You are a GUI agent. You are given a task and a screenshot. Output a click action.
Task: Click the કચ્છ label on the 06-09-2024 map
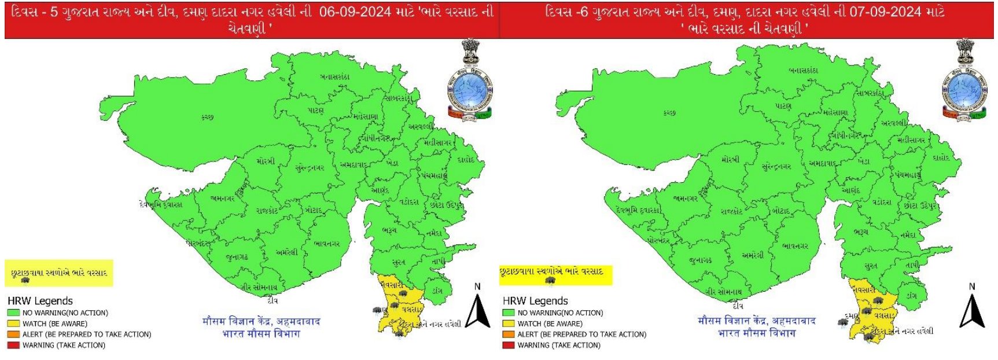coord(207,117)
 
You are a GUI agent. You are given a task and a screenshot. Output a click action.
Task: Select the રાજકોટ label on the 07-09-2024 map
coord(731,212)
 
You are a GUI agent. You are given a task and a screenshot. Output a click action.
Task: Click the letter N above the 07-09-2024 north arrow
coord(972,286)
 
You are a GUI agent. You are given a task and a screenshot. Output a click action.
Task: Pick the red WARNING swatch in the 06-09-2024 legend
coord(13,346)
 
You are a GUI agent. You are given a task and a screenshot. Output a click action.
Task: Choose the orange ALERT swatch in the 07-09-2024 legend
coord(508,335)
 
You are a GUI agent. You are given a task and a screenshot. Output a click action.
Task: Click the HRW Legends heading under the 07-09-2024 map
coord(535,301)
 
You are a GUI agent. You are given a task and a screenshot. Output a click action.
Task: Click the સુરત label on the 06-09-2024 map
coord(399,263)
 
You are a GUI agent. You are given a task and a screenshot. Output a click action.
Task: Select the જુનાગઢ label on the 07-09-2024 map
coord(701,261)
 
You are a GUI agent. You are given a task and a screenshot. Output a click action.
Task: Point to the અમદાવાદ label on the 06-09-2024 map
coord(353,165)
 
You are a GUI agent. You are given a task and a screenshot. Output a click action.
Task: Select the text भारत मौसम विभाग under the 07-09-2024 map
coord(757,333)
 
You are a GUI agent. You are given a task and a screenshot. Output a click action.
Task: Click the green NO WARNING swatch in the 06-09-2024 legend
coord(13,313)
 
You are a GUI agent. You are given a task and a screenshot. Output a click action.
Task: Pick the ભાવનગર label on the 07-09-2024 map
coord(795,246)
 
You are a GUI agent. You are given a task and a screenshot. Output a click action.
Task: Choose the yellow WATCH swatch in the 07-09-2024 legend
coord(508,324)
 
